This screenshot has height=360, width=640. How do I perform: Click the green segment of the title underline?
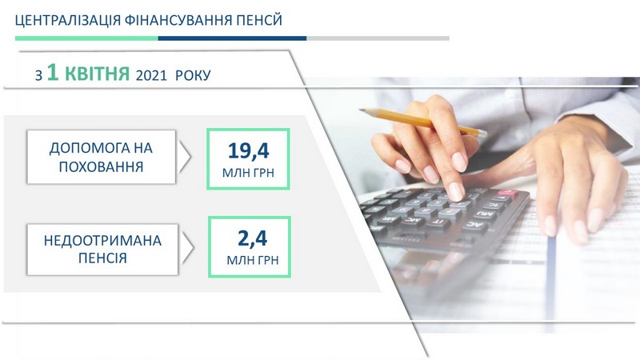[x=86, y=38]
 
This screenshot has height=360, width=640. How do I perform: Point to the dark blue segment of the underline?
[x=232, y=38]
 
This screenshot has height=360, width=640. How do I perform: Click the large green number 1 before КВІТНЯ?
[x=53, y=73]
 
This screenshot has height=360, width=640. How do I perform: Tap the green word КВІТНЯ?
[x=97, y=74]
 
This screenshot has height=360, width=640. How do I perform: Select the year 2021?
[x=151, y=75]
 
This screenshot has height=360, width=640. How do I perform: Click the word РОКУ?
[x=193, y=75]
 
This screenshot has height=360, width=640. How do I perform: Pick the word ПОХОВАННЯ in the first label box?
[x=102, y=167]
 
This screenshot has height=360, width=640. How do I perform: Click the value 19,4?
[x=249, y=151]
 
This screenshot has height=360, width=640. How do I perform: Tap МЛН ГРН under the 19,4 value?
[x=248, y=173]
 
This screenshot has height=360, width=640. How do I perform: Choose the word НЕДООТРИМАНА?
[x=102, y=241]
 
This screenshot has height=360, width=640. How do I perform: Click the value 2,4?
[x=253, y=238]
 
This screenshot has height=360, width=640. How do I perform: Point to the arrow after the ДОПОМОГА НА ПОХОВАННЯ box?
[x=185, y=156]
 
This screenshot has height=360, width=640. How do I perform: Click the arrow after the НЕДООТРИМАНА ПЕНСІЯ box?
[x=187, y=247]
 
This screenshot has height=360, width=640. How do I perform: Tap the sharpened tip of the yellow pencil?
[x=362, y=110]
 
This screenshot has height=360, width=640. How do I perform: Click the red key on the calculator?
[x=507, y=193]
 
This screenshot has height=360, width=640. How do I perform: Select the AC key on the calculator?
[x=474, y=225]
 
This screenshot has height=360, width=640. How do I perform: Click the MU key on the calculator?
[x=486, y=214]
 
